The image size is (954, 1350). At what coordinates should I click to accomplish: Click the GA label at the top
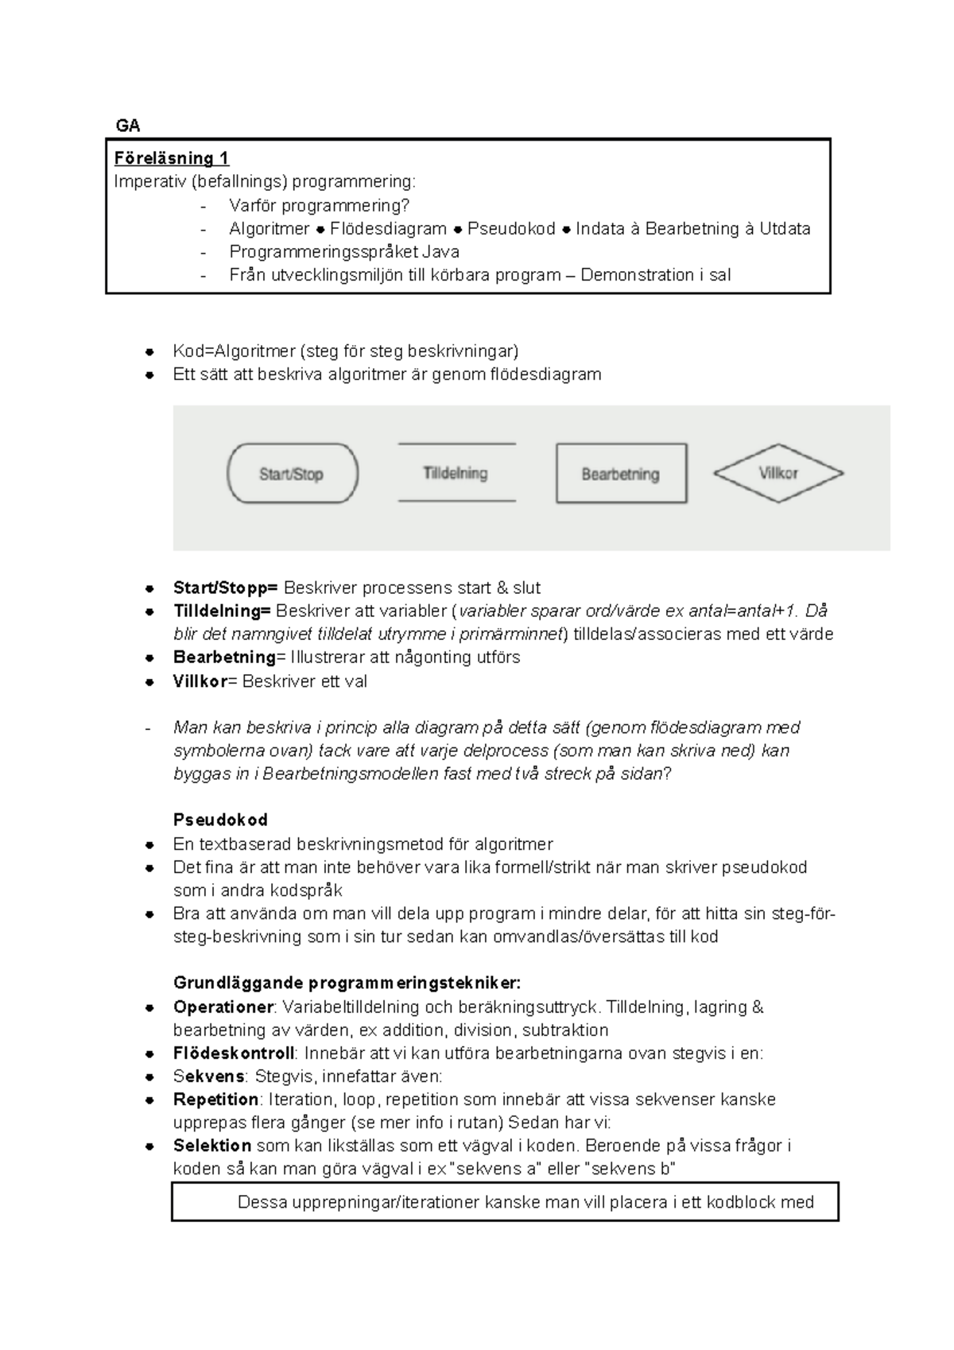[128, 126]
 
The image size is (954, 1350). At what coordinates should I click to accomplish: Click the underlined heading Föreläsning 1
[172, 158]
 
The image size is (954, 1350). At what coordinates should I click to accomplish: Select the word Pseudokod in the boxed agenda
[511, 229]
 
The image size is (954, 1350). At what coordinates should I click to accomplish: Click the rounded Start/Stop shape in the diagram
[292, 474]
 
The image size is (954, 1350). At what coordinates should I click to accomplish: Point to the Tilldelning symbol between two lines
[456, 473]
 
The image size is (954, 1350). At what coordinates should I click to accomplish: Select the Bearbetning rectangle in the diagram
[621, 474]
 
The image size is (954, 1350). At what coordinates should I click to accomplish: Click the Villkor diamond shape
[778, 473]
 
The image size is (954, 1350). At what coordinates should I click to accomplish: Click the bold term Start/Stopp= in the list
[225, 588]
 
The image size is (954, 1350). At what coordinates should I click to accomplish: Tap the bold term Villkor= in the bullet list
[205, 681]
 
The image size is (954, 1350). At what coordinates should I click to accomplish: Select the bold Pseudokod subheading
[220, 820]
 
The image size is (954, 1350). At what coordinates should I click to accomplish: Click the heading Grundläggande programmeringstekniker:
[347, 983]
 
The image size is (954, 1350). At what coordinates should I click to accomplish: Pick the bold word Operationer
[223, 1007]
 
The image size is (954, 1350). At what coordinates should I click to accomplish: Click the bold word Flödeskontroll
[234, 1053]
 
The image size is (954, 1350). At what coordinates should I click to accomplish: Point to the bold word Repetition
[215, 1100]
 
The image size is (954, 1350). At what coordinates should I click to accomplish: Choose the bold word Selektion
[212, 1146]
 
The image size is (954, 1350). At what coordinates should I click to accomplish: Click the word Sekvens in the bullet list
[209, 1077]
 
